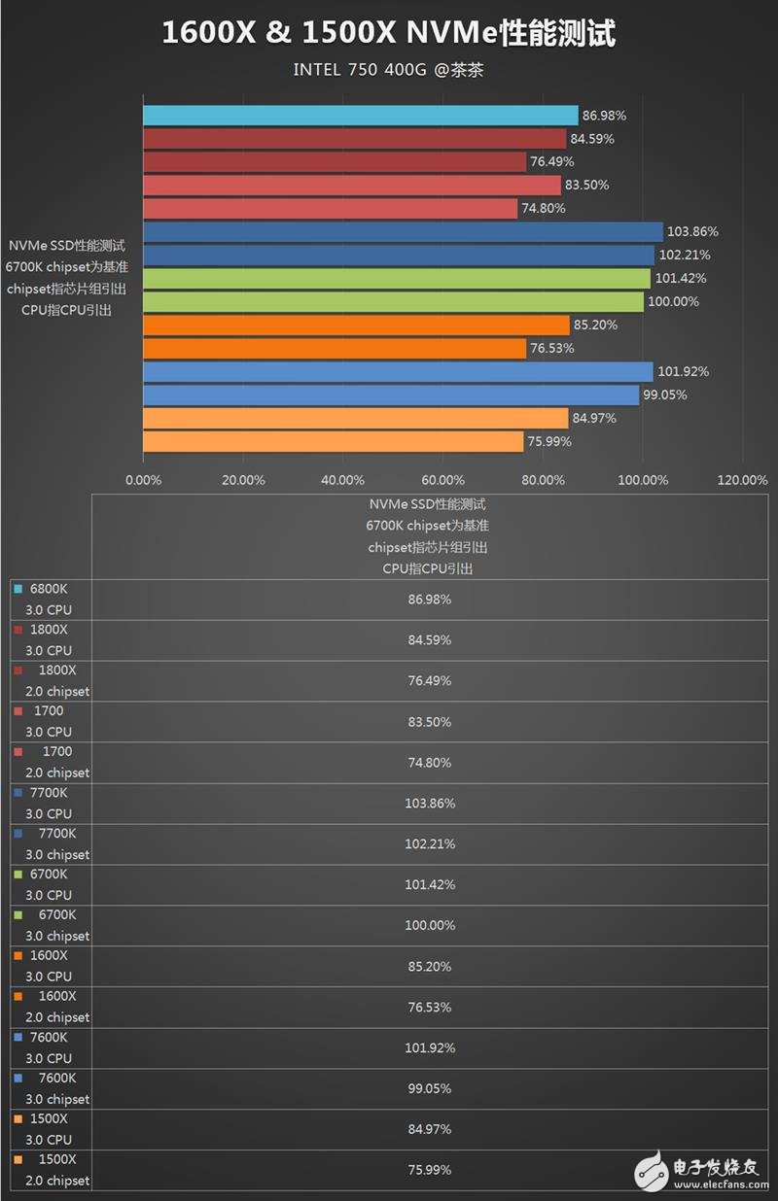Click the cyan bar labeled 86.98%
coord(360,116)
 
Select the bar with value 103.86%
coord(403,232)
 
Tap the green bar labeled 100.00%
coord(393,302)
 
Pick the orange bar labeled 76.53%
coord(335,349)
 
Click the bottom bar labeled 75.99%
coord(333,442)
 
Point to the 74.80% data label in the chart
coord(544,209)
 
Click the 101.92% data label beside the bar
coord(684,372)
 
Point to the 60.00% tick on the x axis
coord(443,480)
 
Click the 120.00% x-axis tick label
coord(742,480)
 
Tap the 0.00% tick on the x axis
coord(144,480)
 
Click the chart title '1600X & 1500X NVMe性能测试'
coord(388,34)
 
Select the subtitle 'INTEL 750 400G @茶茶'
coord(388,70)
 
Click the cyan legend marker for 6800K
coord(18,589)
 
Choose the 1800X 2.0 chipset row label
coord(54,681)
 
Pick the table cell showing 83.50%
coord(429,722)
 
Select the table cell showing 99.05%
coord(429,1089)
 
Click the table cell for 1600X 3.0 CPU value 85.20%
coord(429,967)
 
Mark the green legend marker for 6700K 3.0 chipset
coord(18,915)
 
